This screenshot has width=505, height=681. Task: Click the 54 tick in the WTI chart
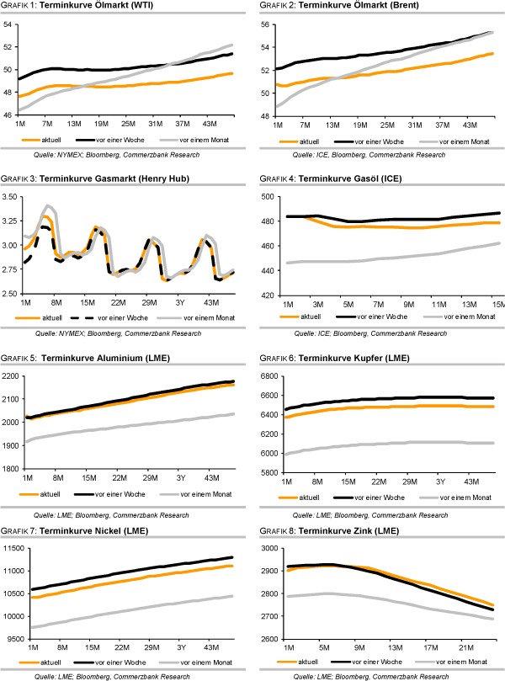(x=9, y=24)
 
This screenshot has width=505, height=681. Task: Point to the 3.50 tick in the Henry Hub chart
(x=12, y=197)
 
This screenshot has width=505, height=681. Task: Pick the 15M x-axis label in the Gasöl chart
(x=496, y=302)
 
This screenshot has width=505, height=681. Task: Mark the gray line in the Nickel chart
(x=126, y=613)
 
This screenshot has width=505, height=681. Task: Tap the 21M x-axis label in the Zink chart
(x=462, y=647)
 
